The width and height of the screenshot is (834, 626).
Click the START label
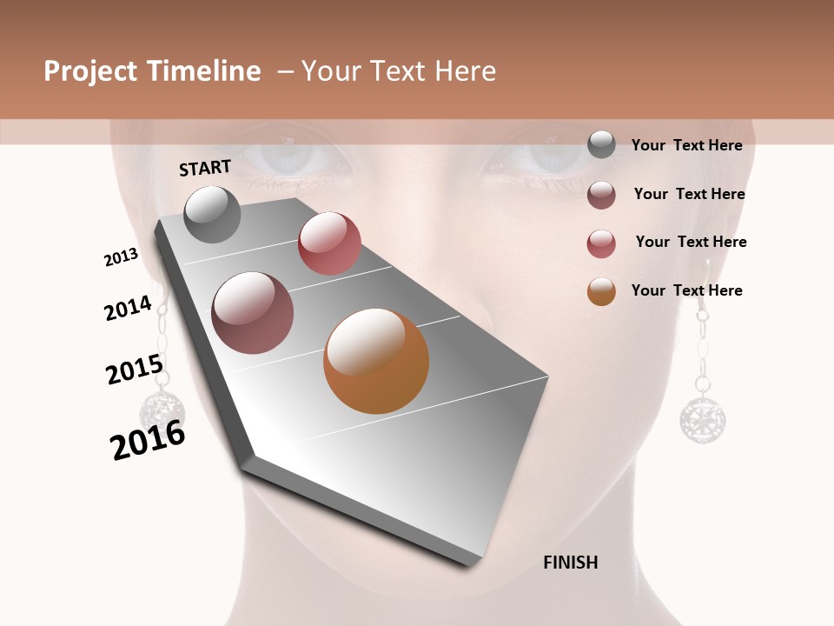click(x=205, y=168)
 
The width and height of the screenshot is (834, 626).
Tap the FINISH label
click(x=571, y=563)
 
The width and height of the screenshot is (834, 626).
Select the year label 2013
click(x=122, y=257)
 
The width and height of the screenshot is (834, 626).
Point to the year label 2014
click(x=129, y=309)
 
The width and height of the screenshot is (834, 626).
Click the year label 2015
click(x=135, y=370)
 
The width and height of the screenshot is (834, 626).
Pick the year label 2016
click(x=149, y=440)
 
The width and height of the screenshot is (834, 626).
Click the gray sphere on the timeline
click(x=213, y=214)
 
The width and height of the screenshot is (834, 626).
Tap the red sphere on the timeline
click(x=329, y=243)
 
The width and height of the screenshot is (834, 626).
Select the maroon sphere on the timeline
click(x=253, y=313)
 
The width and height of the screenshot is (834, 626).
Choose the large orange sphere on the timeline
click(x=376, y=360)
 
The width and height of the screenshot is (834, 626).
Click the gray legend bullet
click(x=601, y=145)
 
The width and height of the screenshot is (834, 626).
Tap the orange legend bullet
click(x=601, y=291)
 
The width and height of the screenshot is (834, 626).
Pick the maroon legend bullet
click(x=601, y=195)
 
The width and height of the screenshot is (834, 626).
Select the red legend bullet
click(x=601, y=243)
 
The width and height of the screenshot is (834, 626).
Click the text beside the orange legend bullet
click(x=686, y=290)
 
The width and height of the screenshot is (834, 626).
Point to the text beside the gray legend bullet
click(x=686, y=145)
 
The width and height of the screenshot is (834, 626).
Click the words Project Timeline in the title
click(x=152, y=71)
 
